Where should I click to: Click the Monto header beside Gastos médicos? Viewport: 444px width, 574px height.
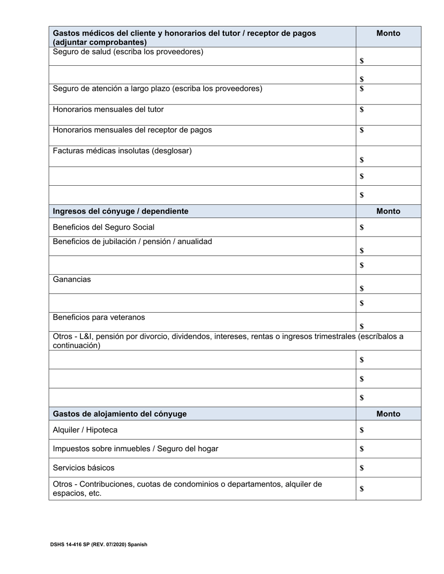pyautogui.click(x=388, y=33)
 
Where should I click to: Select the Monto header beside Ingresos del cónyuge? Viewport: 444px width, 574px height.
pyautogui.click(x=388, y=211)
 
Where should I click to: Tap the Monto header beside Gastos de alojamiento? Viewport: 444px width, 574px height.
pyautogui.click(x=388, y=413)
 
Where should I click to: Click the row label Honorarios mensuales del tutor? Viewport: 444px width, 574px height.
pyautogui.click(x=108, y=109)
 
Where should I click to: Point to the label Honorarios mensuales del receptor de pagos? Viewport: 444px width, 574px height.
pyautogui.click(x=132, y=130)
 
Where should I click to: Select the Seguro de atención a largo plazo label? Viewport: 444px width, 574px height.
pyautogui.click(x=158, y=88)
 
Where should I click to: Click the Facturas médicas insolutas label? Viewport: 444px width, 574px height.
pyautogui.click(x=122, y=151)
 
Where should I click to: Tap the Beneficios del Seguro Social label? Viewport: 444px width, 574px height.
pyautogui.click(x=104, y=227)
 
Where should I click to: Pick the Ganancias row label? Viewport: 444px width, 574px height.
pyautogui.click(x=72, y=280)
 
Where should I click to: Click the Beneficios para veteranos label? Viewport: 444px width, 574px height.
pyautogui.click(x=99, y=317)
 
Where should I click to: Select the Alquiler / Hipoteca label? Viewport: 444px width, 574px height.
pyautogui.click(x=85, y=430)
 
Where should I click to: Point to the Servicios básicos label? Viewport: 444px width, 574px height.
pyautogui.click(x=84, y=468)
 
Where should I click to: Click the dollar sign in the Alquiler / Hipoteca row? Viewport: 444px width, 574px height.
pyautogui.click(x=362, y=430)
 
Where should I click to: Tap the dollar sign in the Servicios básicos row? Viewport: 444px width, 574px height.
pyautogui.click(x=362, y=468)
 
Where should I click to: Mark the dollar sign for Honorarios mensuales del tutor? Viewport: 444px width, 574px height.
pyautogui.click(x=362, y=110)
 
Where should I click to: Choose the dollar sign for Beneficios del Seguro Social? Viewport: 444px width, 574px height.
pyautogui.click(x=362, y=228)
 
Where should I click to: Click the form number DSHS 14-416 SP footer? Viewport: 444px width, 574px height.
pyautogui.click(x=99, y=544)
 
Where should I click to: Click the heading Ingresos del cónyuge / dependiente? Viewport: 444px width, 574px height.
pyautogui.click(x=121, y=211)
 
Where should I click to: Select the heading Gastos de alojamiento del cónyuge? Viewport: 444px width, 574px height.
pyautogui.click(x=120, y=413)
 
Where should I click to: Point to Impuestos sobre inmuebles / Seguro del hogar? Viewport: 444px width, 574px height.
pyautogui.click(x=136, y=448)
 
